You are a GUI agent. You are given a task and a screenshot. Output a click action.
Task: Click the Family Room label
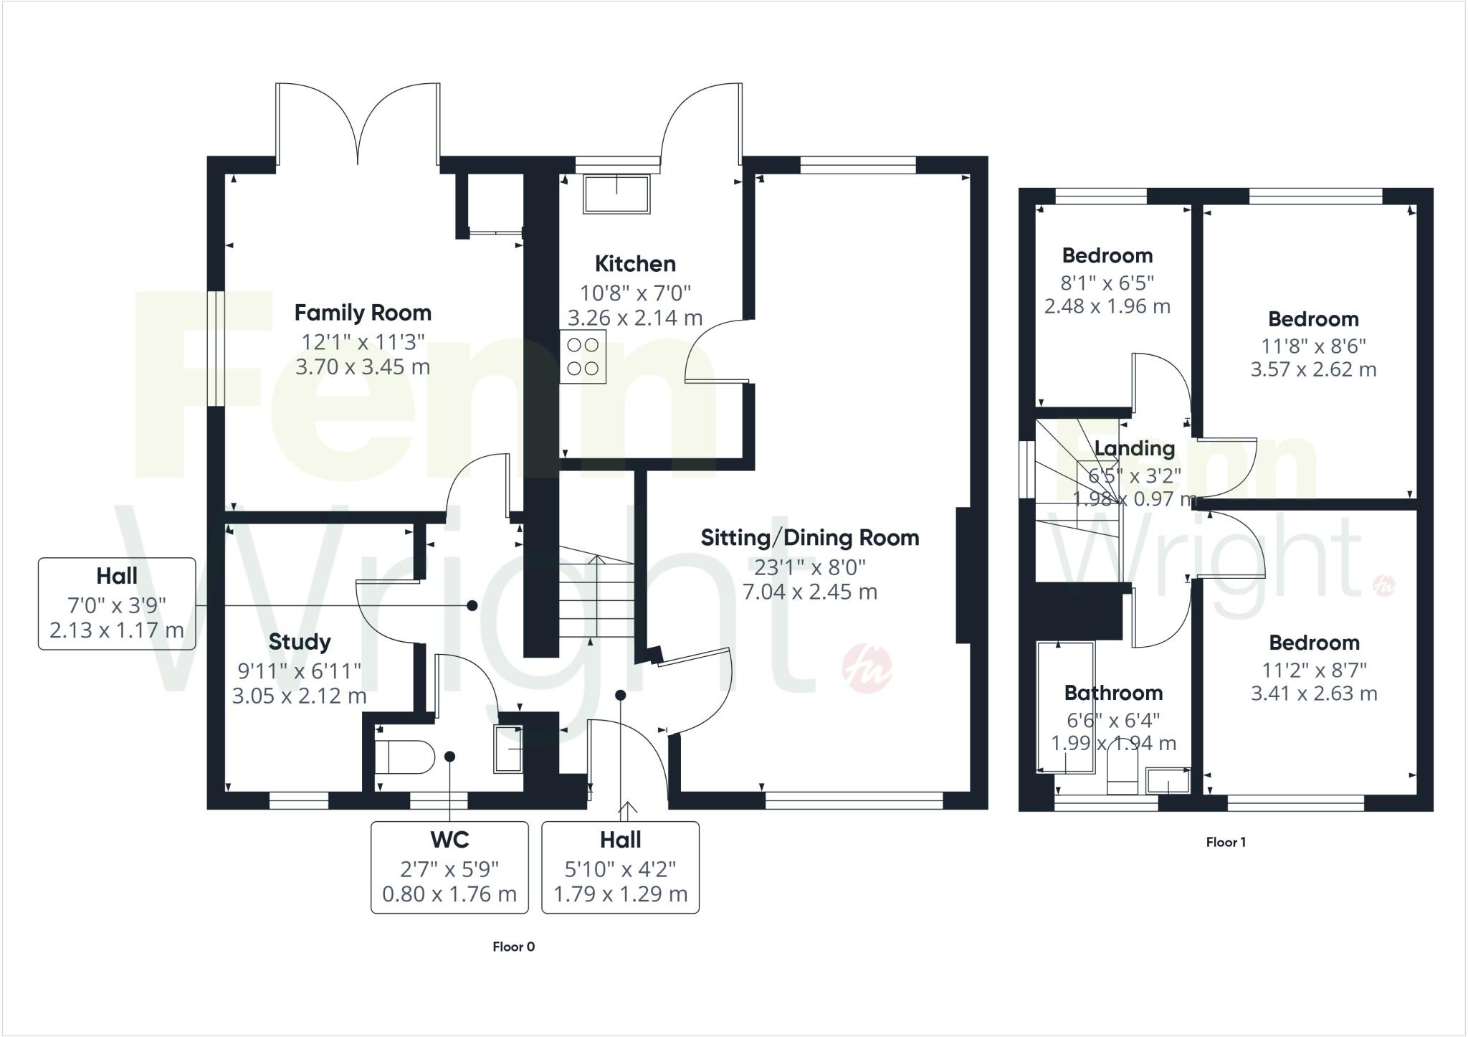pyautogui.click(x=363, y=313)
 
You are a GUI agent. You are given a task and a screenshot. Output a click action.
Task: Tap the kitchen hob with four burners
pyautogui.click(x=583, y=356)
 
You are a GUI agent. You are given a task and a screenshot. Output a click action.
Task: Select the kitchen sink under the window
pyautogui.click(x=617, y=194)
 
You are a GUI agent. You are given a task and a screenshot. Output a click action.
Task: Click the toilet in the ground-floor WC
pyautogui.click(x=405, y=757)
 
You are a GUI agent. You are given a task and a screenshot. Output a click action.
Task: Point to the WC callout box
pyautogui.click(x=449, y=867)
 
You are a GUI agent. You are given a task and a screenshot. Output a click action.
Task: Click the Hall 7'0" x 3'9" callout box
pyautogui.click(x=117, y=604)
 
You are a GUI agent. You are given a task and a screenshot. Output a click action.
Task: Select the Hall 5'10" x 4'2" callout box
pyautogui.click(x=620, y=867)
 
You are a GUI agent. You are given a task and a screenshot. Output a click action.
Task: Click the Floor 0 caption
pyautogui.click(x=513, y=947)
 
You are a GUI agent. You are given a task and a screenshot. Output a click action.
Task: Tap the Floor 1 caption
pyautogui.click(x=1226, y=842)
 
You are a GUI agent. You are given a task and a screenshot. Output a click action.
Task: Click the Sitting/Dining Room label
pyautogui.click(x=809, y=538)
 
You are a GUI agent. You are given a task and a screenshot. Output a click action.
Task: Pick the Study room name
pyautogui.click(x=300, y=642)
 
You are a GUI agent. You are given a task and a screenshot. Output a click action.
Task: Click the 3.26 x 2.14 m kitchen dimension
pyautogui.click(x=635, y=318)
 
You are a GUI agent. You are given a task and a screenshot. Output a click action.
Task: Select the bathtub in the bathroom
pyautogui.click(x=1065, y=707)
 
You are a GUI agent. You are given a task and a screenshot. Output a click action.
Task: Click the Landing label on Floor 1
pyautogui.click(x=1135, y=449)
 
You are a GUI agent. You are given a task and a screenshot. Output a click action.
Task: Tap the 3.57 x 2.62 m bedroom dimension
pyautogui.click(x=1313, y=370)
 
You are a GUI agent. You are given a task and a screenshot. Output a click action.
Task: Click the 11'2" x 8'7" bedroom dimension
pyautogui.click(x=1314, y=670)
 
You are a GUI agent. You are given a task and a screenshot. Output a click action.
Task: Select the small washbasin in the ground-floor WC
pyautogui.click(x=507, y=749)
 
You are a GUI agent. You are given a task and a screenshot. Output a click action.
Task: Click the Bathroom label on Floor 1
pyautogui.click(x=1113, y=693)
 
